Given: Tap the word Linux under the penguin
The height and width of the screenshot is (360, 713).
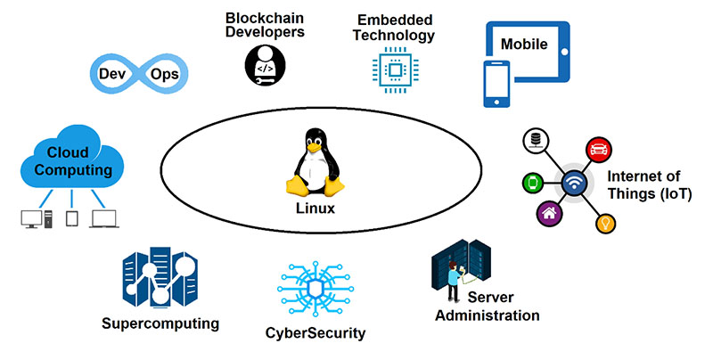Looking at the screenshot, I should click(315, 209).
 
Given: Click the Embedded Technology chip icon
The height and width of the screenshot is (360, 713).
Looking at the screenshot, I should click(392, 70).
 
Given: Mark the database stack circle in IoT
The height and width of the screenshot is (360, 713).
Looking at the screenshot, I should click(536, 140).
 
